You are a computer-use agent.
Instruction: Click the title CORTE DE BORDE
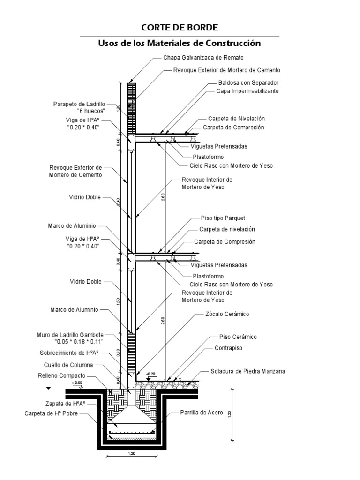tap(180, 28)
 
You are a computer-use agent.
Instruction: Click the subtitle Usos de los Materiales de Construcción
tap(179, 43)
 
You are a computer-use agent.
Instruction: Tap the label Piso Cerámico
tap(238, 337)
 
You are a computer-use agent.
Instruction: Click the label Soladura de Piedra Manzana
tap(248, 372)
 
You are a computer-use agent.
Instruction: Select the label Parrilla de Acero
tap(202, 413)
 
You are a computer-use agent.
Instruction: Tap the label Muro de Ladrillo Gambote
tap(70, 335)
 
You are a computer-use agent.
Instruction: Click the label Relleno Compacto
tap(61, 375)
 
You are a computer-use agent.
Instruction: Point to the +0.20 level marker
tap(150, 374)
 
